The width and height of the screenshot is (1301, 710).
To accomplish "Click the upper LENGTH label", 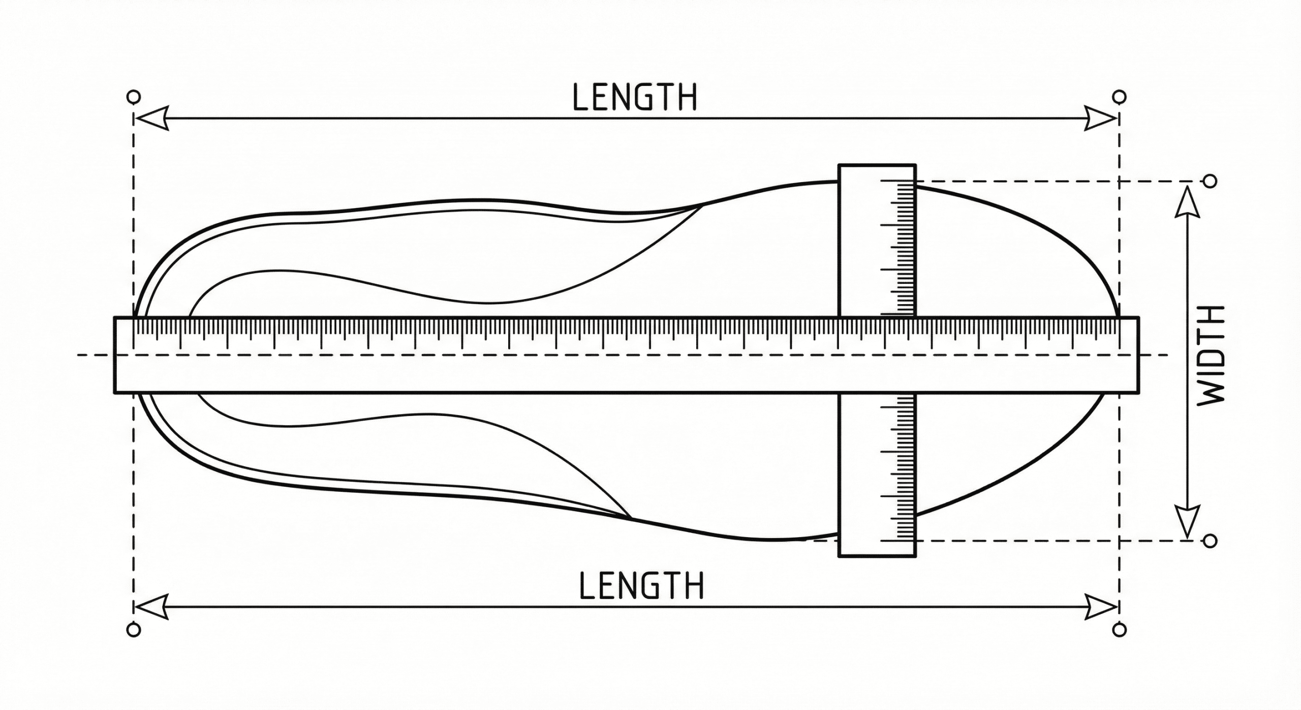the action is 635,97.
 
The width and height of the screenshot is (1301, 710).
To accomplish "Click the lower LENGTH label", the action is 642,585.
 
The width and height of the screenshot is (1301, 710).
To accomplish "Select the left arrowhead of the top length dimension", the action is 151,119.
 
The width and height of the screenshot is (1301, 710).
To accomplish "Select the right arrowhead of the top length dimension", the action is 1101,119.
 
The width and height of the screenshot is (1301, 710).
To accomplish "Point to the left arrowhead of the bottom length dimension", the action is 151,607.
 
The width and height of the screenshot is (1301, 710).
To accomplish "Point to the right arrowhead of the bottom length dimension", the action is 1101,607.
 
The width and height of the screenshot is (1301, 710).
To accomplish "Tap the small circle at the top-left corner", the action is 133,97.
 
